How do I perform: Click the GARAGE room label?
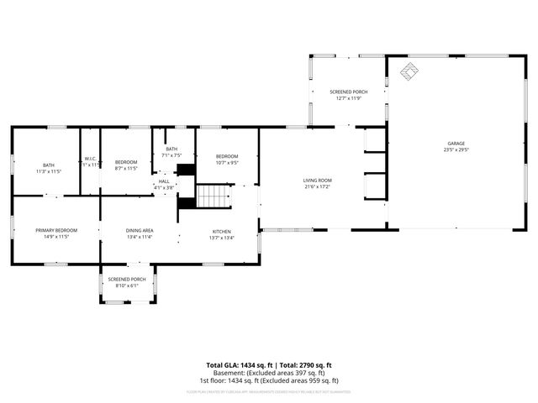pyautogui.click(x=455, y=144)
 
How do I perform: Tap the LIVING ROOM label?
pyautogui.click(x=318, y=181)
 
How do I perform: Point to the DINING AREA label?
pyautogui.click(x=140, y=231)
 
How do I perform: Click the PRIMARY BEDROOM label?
pyautogui.click(x=55, y=231)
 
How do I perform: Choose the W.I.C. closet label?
pyautogui.click(x=90, y=159)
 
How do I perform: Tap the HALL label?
pyautogui.click(x=164, y=181)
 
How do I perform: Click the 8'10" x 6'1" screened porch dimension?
pyautogui.click(x=127, y=285)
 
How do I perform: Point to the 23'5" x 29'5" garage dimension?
pyautogui.click(x=455, y=150)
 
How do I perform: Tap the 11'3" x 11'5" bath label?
pyautogui.click(x=49, y=171)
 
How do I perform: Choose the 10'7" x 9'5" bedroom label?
pyautogui.click(x=227, y=163)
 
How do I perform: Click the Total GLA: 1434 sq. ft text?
pyautogui.click(x=240, y=365)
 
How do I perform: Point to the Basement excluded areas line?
pyautogui.click(x=269, y=373)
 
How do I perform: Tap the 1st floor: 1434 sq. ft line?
pyautogui.click(x=269, y=380)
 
